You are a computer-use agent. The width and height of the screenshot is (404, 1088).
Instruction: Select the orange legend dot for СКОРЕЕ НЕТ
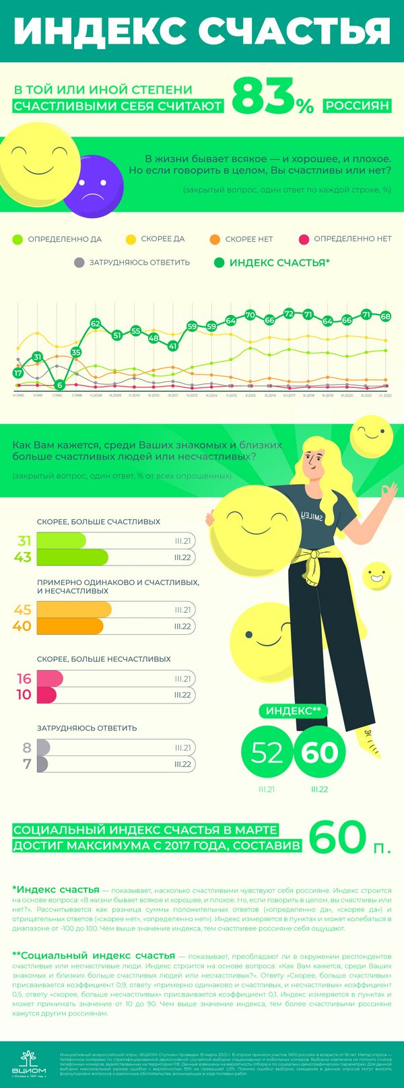(x=215, y=239)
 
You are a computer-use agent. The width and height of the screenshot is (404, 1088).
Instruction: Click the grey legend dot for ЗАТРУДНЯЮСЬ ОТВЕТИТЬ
(x=79, y=263)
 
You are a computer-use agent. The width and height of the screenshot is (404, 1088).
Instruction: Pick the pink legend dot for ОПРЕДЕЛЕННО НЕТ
(x=304, y=239)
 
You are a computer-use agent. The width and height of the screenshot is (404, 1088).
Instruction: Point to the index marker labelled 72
(x=289, y=314)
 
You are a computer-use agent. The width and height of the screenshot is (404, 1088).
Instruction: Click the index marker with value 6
(x=60, y=385)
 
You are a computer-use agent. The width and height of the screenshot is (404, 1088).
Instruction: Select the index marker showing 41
(x=173, y=346)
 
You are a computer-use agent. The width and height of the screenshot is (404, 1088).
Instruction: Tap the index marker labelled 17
(x=18, y=373)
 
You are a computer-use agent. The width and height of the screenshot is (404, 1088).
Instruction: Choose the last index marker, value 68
(x=386, y=316)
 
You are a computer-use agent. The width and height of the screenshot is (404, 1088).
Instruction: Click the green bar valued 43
(x=72, y=557)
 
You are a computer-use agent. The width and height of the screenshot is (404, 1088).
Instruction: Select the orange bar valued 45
(x=74, y=609)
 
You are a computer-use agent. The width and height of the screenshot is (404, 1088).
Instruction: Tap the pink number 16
(x=24, y=679)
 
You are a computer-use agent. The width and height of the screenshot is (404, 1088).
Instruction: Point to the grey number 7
(x=27, y=764)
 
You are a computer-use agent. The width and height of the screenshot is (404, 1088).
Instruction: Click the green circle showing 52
(x=267, y=752)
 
